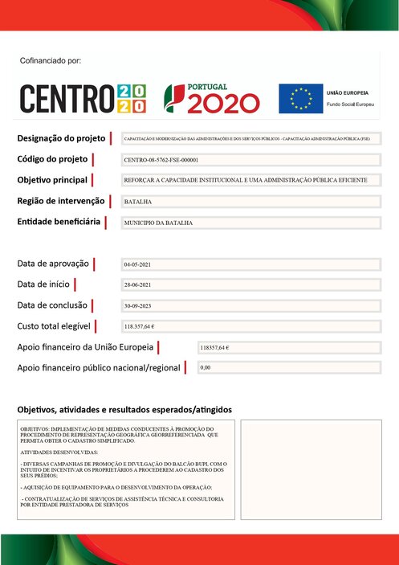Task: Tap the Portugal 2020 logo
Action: coord(212,97)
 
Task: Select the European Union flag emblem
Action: coord(300,98)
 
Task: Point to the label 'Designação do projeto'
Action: coord(63,139)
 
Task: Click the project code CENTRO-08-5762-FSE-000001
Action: coord(161,160)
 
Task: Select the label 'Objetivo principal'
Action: coord(52,179)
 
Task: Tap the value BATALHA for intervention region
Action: coord(138,202)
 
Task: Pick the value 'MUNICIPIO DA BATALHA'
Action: coord(159,222)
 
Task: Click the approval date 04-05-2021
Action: coord(137,264)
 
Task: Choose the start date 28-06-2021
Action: coord(137,285)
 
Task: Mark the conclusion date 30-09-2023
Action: coord(137,306)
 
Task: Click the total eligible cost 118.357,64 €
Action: coord(140,327)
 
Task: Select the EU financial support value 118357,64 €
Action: coord(217,347)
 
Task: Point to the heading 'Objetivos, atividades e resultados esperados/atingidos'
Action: coord(124,409)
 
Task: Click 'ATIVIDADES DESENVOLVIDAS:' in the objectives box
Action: coord(54,452)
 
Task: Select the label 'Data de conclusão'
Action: coord(51,305)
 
